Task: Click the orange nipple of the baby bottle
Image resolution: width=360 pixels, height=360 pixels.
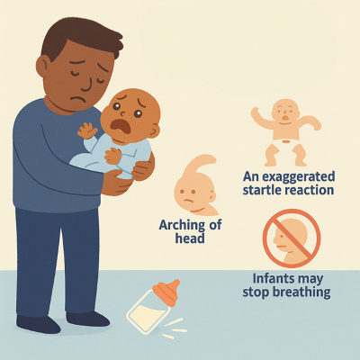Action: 167,292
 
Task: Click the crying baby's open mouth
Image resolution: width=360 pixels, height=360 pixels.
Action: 121,126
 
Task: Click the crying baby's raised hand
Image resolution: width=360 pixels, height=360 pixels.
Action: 86,130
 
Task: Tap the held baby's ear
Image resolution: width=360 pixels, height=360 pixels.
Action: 154,131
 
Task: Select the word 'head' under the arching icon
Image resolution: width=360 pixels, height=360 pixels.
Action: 190,238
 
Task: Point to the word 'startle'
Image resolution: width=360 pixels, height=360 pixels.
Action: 263,190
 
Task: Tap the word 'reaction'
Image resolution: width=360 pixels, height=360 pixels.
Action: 310,190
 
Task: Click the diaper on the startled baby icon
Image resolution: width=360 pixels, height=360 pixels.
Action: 286,144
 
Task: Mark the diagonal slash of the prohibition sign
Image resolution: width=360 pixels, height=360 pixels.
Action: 292,238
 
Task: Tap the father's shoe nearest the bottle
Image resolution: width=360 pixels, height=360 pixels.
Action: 87,319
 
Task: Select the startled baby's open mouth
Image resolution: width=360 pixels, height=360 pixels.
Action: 285,118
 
